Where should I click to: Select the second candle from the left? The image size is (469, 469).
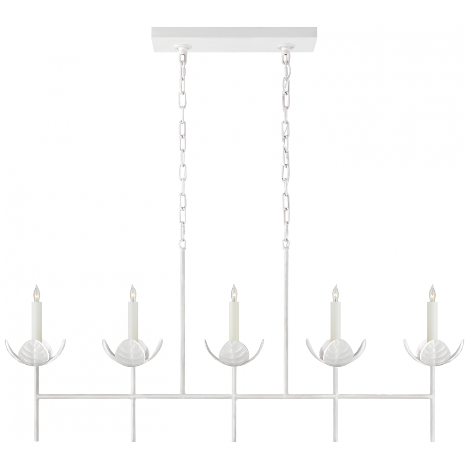133,319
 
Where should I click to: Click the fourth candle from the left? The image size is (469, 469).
336,319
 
